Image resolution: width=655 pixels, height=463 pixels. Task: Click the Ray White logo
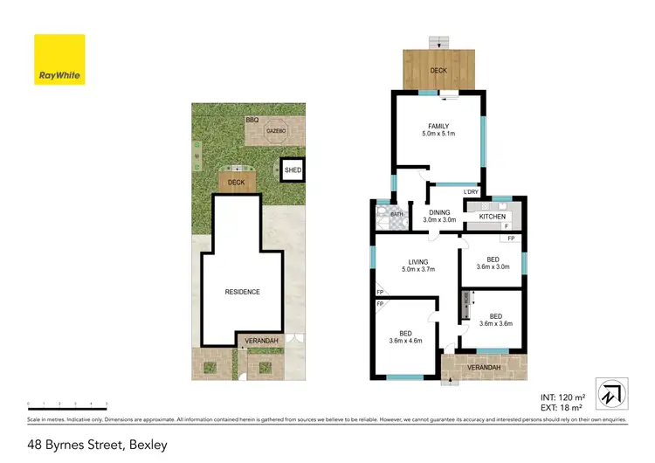click(x=59, y=60)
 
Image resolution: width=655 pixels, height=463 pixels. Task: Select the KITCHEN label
click(x=492, y=216)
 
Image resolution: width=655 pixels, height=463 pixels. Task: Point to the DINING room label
click(x=439, y=212)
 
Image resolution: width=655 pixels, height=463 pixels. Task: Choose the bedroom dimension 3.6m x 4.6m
click(x=406, y=341)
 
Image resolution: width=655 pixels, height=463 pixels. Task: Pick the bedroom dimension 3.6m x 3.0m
click(x=493, y=267)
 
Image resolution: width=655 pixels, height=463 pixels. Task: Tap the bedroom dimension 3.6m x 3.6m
click(x=495, y=323)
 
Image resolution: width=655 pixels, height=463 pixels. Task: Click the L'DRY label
click(x=471, y=192)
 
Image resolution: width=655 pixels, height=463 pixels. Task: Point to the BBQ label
click(x=252, y=119)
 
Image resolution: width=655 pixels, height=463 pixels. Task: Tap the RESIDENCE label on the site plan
click(x=242, y=292)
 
